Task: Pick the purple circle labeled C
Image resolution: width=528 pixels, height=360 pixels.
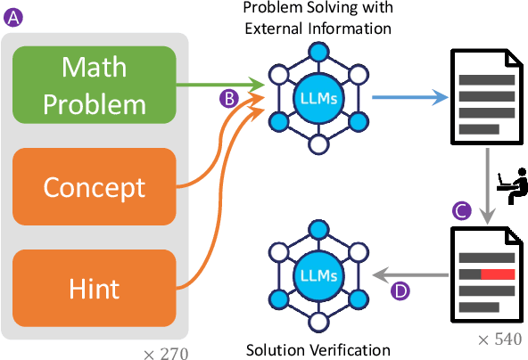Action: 461,211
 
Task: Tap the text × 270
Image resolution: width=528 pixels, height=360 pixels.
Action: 165,354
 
